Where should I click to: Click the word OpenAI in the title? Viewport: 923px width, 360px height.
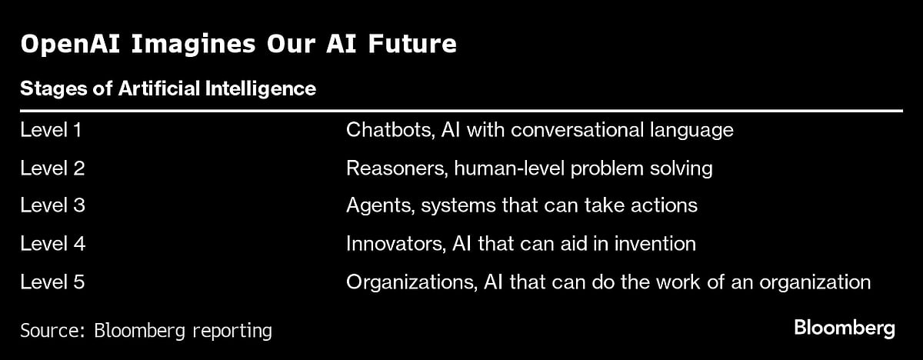click(70, 45)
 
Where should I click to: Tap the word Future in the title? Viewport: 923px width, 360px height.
click(412, 44)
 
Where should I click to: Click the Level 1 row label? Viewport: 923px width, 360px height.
click(51, 130)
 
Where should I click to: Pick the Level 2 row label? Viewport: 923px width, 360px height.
click(52, 168)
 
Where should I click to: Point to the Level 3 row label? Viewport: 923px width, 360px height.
click(52, 205)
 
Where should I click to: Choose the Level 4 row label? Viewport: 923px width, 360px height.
click(53, 243)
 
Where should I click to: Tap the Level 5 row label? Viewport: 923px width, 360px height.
click(52, 282)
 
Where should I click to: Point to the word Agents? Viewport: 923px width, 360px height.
click(380, 206)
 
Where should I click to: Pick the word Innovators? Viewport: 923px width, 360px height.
click(396, 244)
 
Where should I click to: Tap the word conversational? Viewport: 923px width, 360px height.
click(578, 130)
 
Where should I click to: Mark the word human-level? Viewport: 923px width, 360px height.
click(509, 168)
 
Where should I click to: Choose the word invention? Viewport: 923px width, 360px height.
click(655, 243)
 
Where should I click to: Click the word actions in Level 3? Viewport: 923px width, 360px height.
click(664, 205)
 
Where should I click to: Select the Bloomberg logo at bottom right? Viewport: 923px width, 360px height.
click(845, 329)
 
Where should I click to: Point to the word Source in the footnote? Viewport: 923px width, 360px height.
click(53, 330)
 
